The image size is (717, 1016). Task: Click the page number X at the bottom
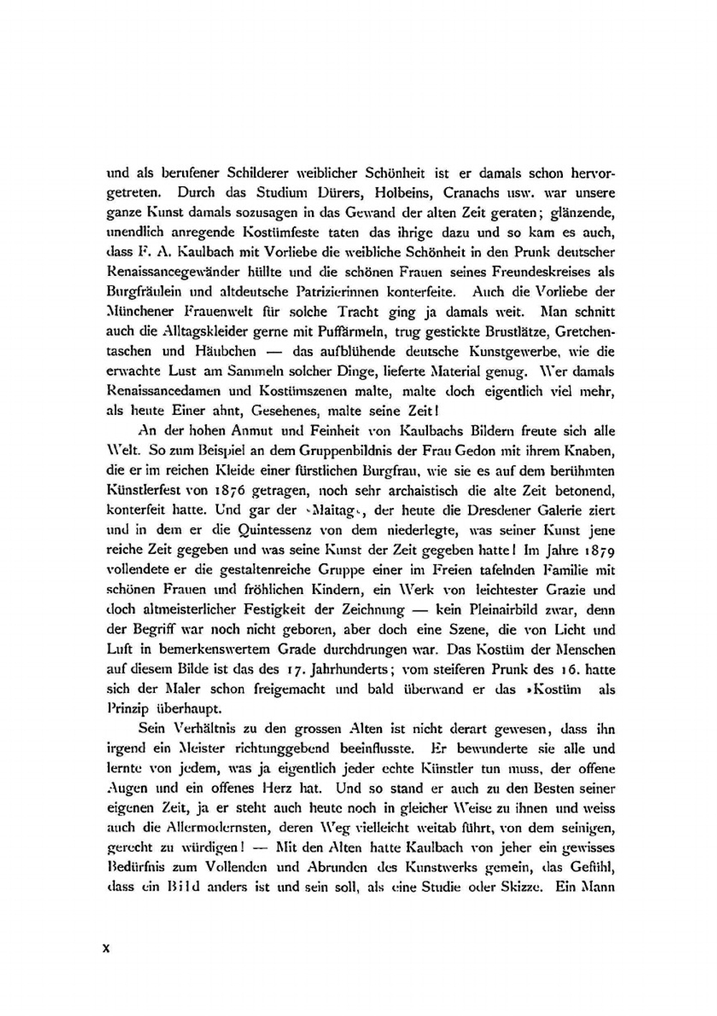(x=107, y=947)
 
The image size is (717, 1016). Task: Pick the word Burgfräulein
(x=141, y=293)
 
